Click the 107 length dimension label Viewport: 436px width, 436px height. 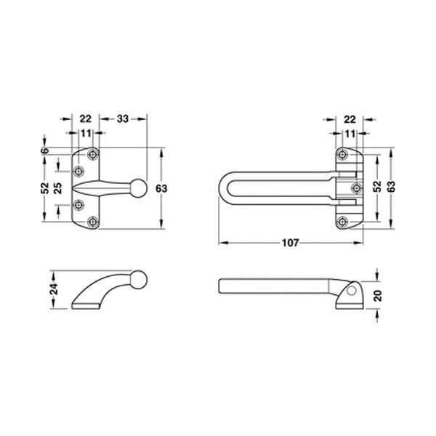(290, 243)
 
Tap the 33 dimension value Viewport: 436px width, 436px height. (123, 119)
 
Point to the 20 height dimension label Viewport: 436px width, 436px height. (378, 296)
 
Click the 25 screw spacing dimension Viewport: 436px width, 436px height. (58, 188)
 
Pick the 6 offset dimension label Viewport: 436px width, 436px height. (45, 150)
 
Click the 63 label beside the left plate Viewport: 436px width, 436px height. (161, 188)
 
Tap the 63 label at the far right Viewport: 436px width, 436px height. (391, 187)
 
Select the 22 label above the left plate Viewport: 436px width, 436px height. (85, 119)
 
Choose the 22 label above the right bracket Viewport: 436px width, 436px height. (350, 120)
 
